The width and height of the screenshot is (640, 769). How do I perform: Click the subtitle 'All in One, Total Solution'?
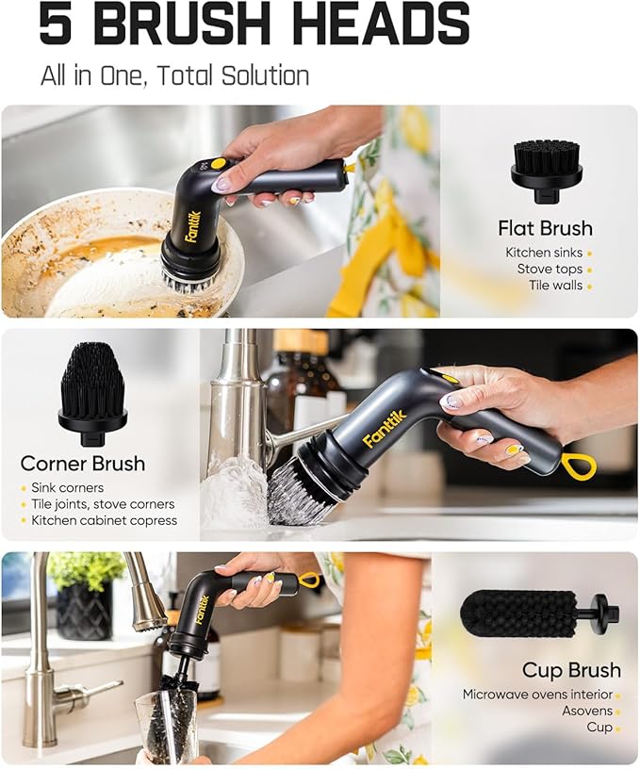click(174, 75)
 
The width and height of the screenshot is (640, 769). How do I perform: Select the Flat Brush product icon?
click(546, 171)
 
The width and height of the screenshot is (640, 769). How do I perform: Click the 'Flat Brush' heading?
click(545, 228)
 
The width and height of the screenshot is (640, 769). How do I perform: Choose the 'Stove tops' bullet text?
click(549, 269)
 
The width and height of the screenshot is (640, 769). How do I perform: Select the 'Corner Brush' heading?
click(83, 463)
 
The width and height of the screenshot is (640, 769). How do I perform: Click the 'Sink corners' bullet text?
click(66, 488)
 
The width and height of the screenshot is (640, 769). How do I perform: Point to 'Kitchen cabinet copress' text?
click(104, 520)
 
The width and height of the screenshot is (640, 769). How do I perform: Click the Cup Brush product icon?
click(538, 614)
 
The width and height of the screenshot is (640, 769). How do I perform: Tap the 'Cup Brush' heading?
click(571, 670)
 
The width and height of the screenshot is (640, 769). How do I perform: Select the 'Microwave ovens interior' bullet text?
click(536, 695)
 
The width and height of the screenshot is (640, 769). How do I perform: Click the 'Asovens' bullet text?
click(587, 712)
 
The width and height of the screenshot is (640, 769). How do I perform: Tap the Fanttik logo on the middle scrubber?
click(383, 427)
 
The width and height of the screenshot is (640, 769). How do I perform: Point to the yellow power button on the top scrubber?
click(218, 163)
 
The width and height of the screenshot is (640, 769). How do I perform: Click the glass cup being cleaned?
click(166, 726)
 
